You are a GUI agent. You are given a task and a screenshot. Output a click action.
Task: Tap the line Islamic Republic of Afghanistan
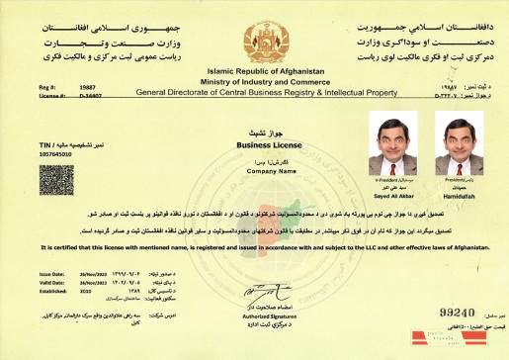pos(254,73)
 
